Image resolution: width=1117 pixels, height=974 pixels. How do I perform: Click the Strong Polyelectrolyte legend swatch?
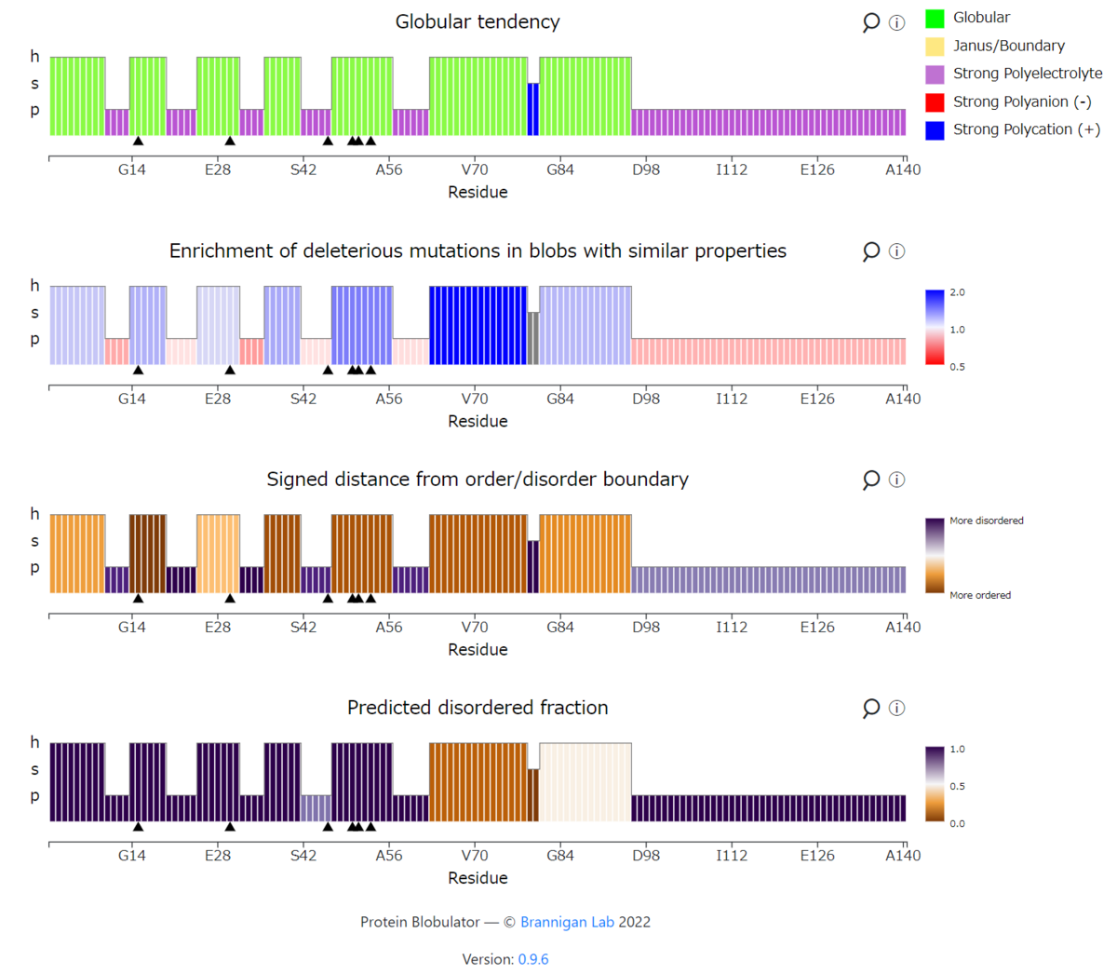pos(935,74)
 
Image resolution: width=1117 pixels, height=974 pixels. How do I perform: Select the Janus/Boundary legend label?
pos(1009,46)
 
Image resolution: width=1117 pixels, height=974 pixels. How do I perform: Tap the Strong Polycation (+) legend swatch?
pos(935,130)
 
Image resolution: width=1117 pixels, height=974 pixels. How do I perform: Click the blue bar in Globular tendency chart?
pos(532,109)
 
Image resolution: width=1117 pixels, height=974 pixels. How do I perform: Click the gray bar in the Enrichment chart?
pos(532,338)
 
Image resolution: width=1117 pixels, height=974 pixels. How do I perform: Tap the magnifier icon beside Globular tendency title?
pos(870,22)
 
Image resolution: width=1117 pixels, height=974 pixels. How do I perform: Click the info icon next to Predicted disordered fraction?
pos(896,708)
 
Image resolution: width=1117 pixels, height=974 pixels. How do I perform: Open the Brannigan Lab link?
pos(567,922)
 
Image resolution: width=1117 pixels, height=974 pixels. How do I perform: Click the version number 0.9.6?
pos(533,959)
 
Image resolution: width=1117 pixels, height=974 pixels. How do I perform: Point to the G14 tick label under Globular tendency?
pos(131,169)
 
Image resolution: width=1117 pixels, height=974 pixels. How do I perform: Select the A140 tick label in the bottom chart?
pos(903,855)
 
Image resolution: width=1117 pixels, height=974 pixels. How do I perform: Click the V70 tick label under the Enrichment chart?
pos(475,399)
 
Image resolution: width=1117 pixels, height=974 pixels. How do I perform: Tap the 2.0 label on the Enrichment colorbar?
pos(957,292)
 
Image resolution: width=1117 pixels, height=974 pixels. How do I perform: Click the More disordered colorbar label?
pos(986,521)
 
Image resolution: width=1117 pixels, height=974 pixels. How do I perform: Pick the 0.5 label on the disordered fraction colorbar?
pos(957,786)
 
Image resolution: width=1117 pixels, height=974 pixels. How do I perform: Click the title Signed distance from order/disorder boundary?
pos(478,480)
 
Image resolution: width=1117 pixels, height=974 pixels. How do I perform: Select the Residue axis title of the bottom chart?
pos(478,878)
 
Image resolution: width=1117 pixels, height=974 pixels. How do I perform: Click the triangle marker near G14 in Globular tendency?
pos(138,141)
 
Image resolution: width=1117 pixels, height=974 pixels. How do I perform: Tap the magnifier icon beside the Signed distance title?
pos(870,480)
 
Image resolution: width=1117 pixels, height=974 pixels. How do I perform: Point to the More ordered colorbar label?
pos(980,595)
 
